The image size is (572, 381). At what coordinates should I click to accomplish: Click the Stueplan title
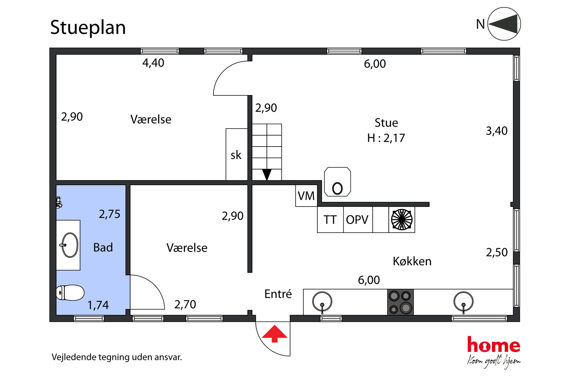click(x=88, y=28)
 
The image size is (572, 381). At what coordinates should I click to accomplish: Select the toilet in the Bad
click(x=70, y=293)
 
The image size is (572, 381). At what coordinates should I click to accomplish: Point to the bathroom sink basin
click(x=70, y=245)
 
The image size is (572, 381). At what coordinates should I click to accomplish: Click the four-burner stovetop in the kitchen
click(x=400, y=302)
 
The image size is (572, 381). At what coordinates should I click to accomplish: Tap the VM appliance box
click(x=306, y=196)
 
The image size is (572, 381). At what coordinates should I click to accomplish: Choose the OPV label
click(x=357, y=220)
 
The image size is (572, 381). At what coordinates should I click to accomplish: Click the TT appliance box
click(x=330, y=220)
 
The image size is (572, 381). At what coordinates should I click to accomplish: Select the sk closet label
click(x=236, y=155)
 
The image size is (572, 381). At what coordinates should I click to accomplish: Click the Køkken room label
click(x=412, y=261)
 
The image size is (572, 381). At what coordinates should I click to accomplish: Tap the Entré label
click(x=278, y=294)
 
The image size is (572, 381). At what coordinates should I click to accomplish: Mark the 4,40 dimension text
click(x=153, y=63)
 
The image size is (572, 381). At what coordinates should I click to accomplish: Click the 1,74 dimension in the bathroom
click(x=98, y=305)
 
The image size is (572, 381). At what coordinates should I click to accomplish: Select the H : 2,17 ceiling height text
click(x=386, y=138)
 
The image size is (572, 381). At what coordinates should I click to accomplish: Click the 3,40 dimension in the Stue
click(x=496, y=131)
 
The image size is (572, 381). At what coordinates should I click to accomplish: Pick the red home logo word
click(x=494, y=345)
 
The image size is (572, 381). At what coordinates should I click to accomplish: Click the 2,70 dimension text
click(x=185, y=304)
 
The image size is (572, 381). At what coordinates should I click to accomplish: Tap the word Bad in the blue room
click(x=103, y=248)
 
